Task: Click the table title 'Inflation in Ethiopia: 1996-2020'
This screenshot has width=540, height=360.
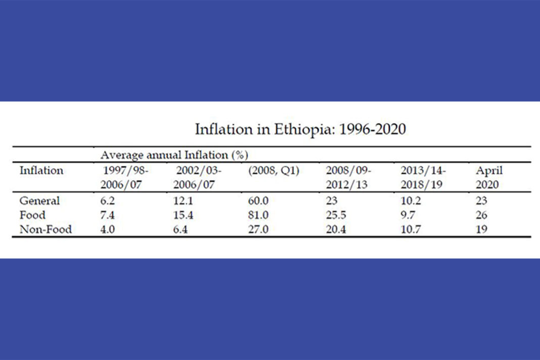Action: (300, 129)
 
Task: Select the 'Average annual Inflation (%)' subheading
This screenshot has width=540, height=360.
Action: (174, 154)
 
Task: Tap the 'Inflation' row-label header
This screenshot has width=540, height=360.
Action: (41, 170)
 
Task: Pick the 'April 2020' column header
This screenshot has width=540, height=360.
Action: (488, 177)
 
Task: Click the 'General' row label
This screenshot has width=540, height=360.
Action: (39, 201)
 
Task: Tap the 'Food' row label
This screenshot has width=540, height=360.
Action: (32, 215)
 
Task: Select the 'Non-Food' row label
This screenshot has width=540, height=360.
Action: (46, 229)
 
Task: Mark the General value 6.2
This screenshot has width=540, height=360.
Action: (108, 201)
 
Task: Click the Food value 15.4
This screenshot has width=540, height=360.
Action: (184, 215)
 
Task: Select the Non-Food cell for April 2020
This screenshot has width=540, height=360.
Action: (482, 229)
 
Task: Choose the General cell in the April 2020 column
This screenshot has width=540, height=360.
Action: (482, 201)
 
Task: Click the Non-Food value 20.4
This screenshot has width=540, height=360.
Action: (336, 229)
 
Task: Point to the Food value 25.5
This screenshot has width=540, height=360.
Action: (336, 215)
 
